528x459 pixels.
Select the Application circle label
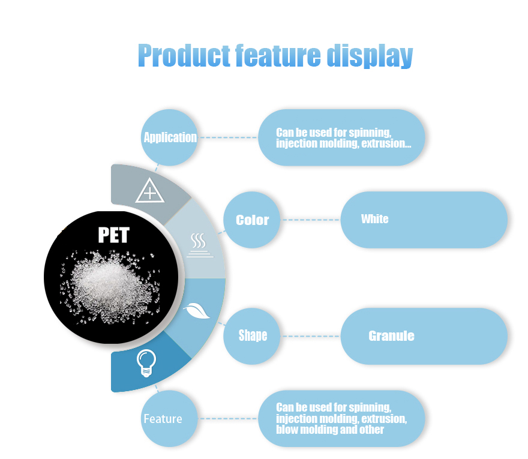click(170, 137)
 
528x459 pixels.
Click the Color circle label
click(253, 220)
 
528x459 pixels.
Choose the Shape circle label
click(253, 335)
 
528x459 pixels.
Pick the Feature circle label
click(163, 419)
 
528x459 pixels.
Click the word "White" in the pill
click(374, 219)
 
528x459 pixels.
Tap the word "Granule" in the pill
click(391, 335)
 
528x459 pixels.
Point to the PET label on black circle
click(113, 235)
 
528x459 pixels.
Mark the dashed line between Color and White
click(311, 220)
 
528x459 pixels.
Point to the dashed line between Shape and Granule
click(311, 336)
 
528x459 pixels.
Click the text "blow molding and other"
click(329, 430)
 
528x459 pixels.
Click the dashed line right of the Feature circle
click(227, 419)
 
